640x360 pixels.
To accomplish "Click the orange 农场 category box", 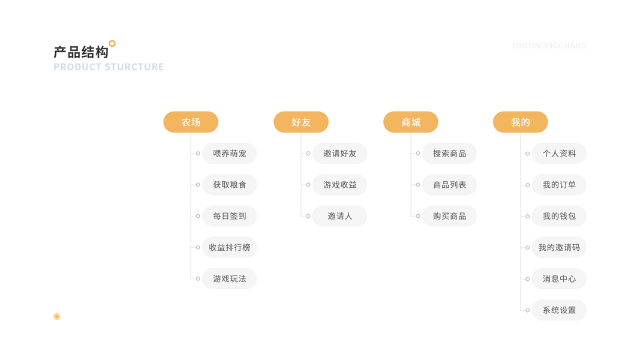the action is (191, 122).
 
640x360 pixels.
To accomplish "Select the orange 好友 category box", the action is (301, 122).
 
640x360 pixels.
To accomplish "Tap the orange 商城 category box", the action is (411, 122).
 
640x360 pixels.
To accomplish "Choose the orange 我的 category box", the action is (521, 122).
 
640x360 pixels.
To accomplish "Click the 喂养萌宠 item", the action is (230, 154).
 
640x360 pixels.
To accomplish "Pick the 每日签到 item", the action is (230, 216).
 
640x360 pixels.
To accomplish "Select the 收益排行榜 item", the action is (230, 247).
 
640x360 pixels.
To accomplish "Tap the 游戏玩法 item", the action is (230, 279).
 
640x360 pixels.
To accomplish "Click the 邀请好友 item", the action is (340, 154).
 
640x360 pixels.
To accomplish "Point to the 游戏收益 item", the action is (340, 185).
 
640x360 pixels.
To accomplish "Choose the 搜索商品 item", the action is (450, 154).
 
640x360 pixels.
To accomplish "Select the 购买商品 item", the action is (450, 216).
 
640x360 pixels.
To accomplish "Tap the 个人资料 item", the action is (559, 154).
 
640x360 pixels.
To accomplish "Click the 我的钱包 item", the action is (559, 216).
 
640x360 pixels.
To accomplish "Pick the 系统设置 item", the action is (559, 310).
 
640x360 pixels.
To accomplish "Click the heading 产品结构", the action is (81, 52).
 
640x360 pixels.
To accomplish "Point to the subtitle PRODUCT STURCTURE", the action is (109, 67).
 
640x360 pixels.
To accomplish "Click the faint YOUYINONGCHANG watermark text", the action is (549, 46).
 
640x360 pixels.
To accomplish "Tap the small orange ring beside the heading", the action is (112, 43).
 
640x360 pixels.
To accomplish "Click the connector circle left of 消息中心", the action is (528, 279).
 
